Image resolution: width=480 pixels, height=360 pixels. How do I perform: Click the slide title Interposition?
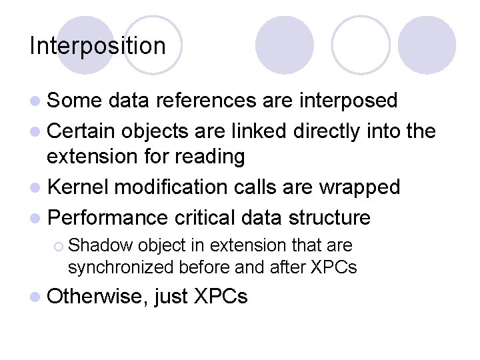click(97, 46)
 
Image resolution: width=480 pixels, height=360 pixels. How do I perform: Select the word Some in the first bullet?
click(74, 101)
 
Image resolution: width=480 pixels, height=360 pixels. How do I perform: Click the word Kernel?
click(79, 187)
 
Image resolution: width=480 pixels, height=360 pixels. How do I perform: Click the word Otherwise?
click(97, 296)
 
